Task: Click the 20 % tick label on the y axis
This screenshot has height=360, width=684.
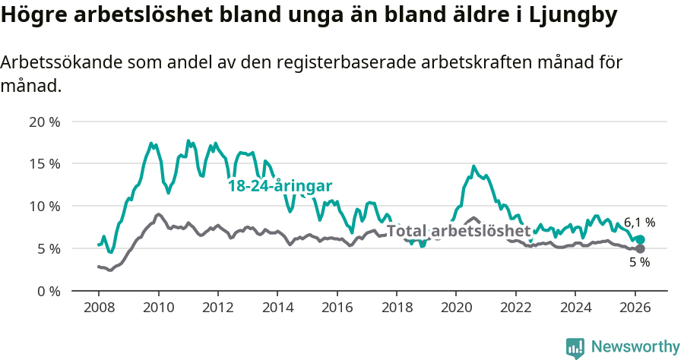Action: click(x=44, y=122)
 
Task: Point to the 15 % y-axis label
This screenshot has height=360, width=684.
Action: click(x=44, y=163)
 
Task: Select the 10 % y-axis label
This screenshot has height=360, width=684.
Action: click(x=44, y=206)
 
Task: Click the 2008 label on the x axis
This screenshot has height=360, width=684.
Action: click(x=99, y=308)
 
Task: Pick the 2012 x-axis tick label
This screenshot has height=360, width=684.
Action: click(x=217, y=308)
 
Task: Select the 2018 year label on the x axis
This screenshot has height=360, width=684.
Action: click(x=396, y=308)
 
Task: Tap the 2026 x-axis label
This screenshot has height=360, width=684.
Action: click(x=634, y=308)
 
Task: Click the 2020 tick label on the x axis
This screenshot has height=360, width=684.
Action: click(x=455, y=308)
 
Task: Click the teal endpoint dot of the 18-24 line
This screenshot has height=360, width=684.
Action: click(x=640, y=239)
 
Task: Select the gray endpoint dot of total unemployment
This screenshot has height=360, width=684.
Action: click(x=640, y=248)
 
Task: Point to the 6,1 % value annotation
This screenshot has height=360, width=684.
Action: click(x=639, y=223)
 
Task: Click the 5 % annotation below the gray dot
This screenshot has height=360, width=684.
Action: click(x=639, y=263)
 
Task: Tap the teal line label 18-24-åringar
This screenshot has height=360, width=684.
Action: click(x=280, y=186)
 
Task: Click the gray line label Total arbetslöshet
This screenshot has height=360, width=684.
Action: click(x=458, y=230)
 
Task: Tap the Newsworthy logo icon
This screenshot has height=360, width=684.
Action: click(x=575, y=348)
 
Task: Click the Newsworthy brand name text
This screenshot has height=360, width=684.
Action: click(x=635, y=347)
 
